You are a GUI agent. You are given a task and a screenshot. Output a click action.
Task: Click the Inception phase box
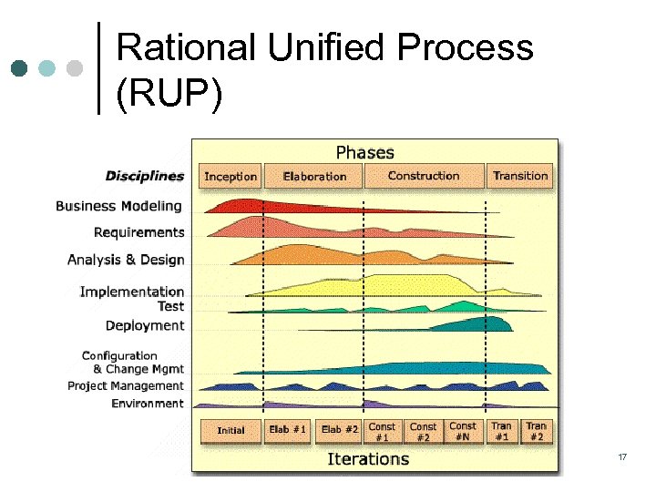[x=231, y=176]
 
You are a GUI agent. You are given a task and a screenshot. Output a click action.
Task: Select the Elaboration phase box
[x=314, y=176]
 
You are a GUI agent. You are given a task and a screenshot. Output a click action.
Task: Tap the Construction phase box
[x=424, y=176]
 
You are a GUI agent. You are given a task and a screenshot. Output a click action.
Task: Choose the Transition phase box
[x=520, y=176]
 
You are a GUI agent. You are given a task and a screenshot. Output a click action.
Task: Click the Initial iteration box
[x=231, y=430]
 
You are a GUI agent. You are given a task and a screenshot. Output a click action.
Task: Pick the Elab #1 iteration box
[x=289, y=430]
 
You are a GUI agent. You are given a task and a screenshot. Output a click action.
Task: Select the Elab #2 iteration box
[x=340, y=430]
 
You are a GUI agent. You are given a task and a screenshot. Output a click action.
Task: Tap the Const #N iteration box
[x=463, y=431]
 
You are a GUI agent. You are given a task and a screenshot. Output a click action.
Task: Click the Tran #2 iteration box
[x=536, y=431]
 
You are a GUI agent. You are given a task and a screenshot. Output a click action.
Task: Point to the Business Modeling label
[x=118, y=206]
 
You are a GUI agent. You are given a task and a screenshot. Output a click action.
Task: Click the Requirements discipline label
[x=138, y=232]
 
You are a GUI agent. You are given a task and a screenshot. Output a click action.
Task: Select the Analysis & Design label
[x=126, y=260]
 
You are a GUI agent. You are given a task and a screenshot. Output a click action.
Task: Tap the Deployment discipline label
[x=145, y=325]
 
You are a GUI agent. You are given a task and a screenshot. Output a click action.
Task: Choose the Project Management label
[x=126, y=386]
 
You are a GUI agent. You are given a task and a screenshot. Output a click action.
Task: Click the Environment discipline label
[x=148, y=404]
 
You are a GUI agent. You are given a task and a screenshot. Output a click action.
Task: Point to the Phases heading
[x=365, y=151]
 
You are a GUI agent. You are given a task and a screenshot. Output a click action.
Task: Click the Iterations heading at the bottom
[x=368, y=458]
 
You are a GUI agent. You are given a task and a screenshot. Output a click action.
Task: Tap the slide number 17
[x=622, y=456]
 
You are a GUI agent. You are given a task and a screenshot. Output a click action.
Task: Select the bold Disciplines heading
[x=145, y=176]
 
